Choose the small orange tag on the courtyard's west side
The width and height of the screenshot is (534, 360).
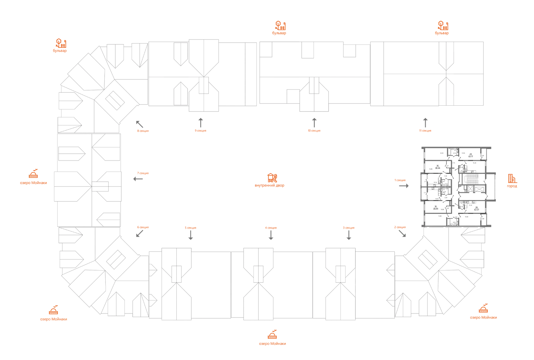click(143, 173)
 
